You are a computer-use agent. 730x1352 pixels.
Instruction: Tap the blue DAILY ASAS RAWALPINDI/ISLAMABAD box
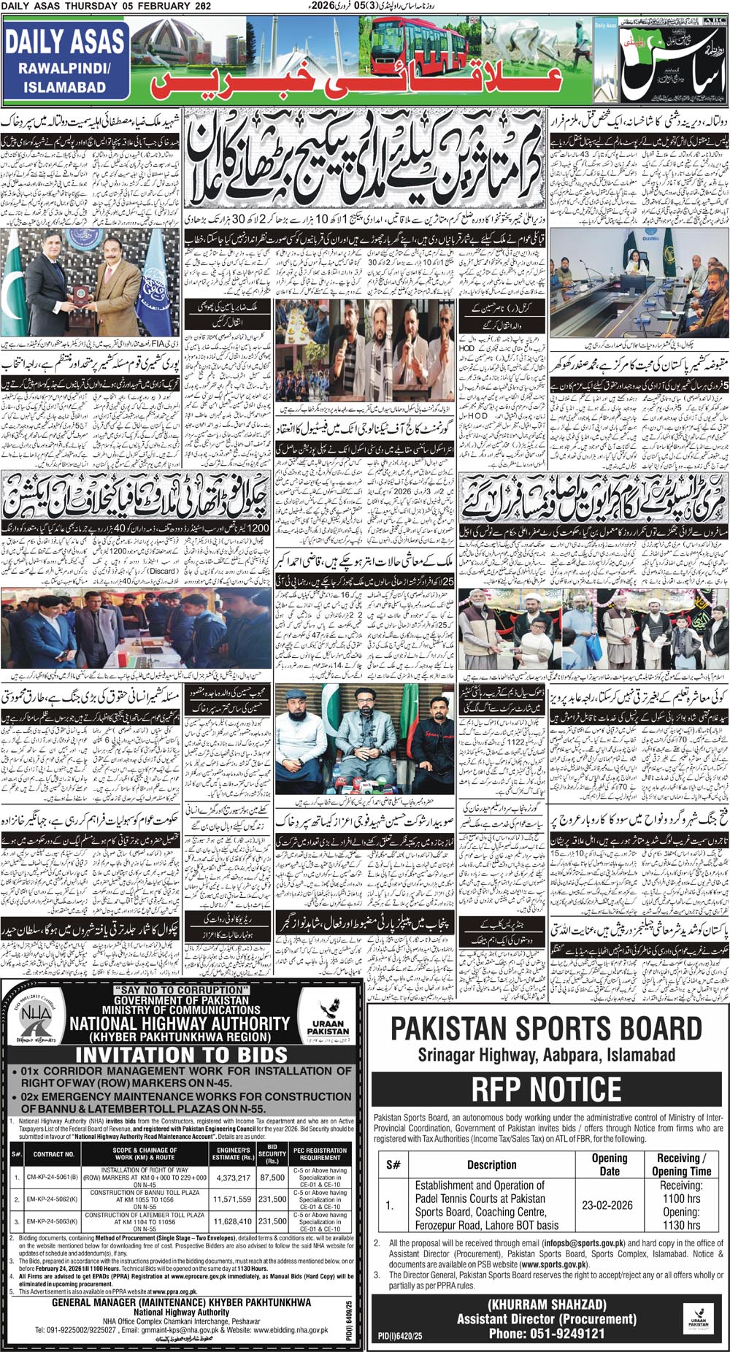(65, 62)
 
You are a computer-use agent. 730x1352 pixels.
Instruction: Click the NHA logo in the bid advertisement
(31, 1023)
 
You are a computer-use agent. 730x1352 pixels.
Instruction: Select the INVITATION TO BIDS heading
(181, 1054)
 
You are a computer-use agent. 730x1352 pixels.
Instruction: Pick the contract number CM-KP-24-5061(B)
(53, 1178)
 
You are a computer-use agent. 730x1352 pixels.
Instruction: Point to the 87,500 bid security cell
(272, 1178)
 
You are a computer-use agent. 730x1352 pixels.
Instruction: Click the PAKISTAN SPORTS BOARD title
(546, 1029)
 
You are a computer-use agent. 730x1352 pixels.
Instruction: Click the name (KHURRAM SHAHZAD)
(547, 1304)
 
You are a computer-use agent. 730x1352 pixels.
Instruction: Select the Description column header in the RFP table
(491, 1164)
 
